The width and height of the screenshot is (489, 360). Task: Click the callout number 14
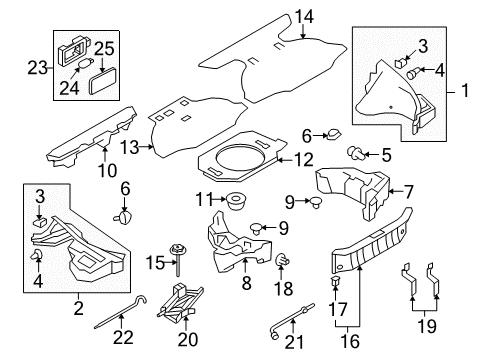point(304,16)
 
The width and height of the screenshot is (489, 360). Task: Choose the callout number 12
point(303,157)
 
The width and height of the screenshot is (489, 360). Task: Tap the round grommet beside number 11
point(236,201)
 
